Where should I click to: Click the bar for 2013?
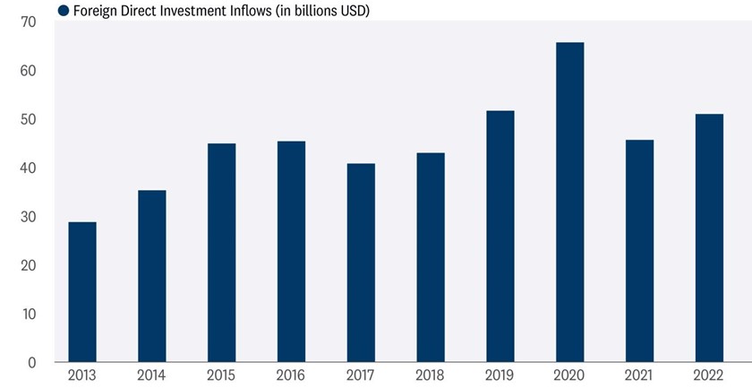click(82, 292)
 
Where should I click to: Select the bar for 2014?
click(152, 276)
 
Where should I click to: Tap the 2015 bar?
click(222, 253)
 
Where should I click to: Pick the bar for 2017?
click(361, 263)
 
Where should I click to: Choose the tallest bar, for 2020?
click(569, 203)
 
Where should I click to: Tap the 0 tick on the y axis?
click(31, 363)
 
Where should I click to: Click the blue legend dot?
click(63, 11)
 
